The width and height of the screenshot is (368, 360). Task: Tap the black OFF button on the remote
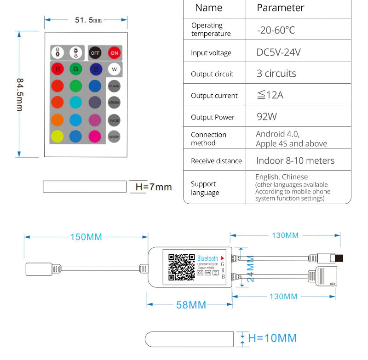pyautogui.click(x=95, y=52)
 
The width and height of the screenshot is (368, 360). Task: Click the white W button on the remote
pyautogui.click(x=114, y=69)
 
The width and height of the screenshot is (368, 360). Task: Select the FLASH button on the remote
pyautogui.click(x=114, y=86)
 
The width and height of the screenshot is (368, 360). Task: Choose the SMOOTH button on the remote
pyautogui.click(x=114, y=137)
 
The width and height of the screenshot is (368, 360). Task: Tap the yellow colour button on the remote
pyautogui.click(x=57, y=137)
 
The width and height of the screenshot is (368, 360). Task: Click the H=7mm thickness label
pyautogui.click(x=153, y=187)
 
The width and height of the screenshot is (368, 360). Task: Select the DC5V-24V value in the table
pyautogui.click(x=278, y=52)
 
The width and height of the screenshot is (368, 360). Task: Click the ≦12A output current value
pyautogui.click(x=270, y=95)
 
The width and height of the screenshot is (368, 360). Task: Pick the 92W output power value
pyautogui.click(x=267, y=117)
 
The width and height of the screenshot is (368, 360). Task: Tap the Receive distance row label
pyautogui.click(x=216, y=161)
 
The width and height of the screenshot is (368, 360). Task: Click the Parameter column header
pyautogui.click(x=280, y=8)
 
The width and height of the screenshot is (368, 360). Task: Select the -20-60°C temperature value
pyautogui.click(x=276, y=30)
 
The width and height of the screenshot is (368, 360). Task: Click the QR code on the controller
pyautogui.click(x=181, y=267)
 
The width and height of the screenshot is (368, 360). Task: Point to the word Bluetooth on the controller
pyautogui.click(x=207, y=259)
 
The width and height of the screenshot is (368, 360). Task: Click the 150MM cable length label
pyautogui.click(x=86, y=237)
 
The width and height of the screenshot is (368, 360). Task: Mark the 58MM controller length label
pyautogui.click(x=191, y=305)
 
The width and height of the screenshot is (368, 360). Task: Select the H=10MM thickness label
pyautogui.click(x=272, y=338)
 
